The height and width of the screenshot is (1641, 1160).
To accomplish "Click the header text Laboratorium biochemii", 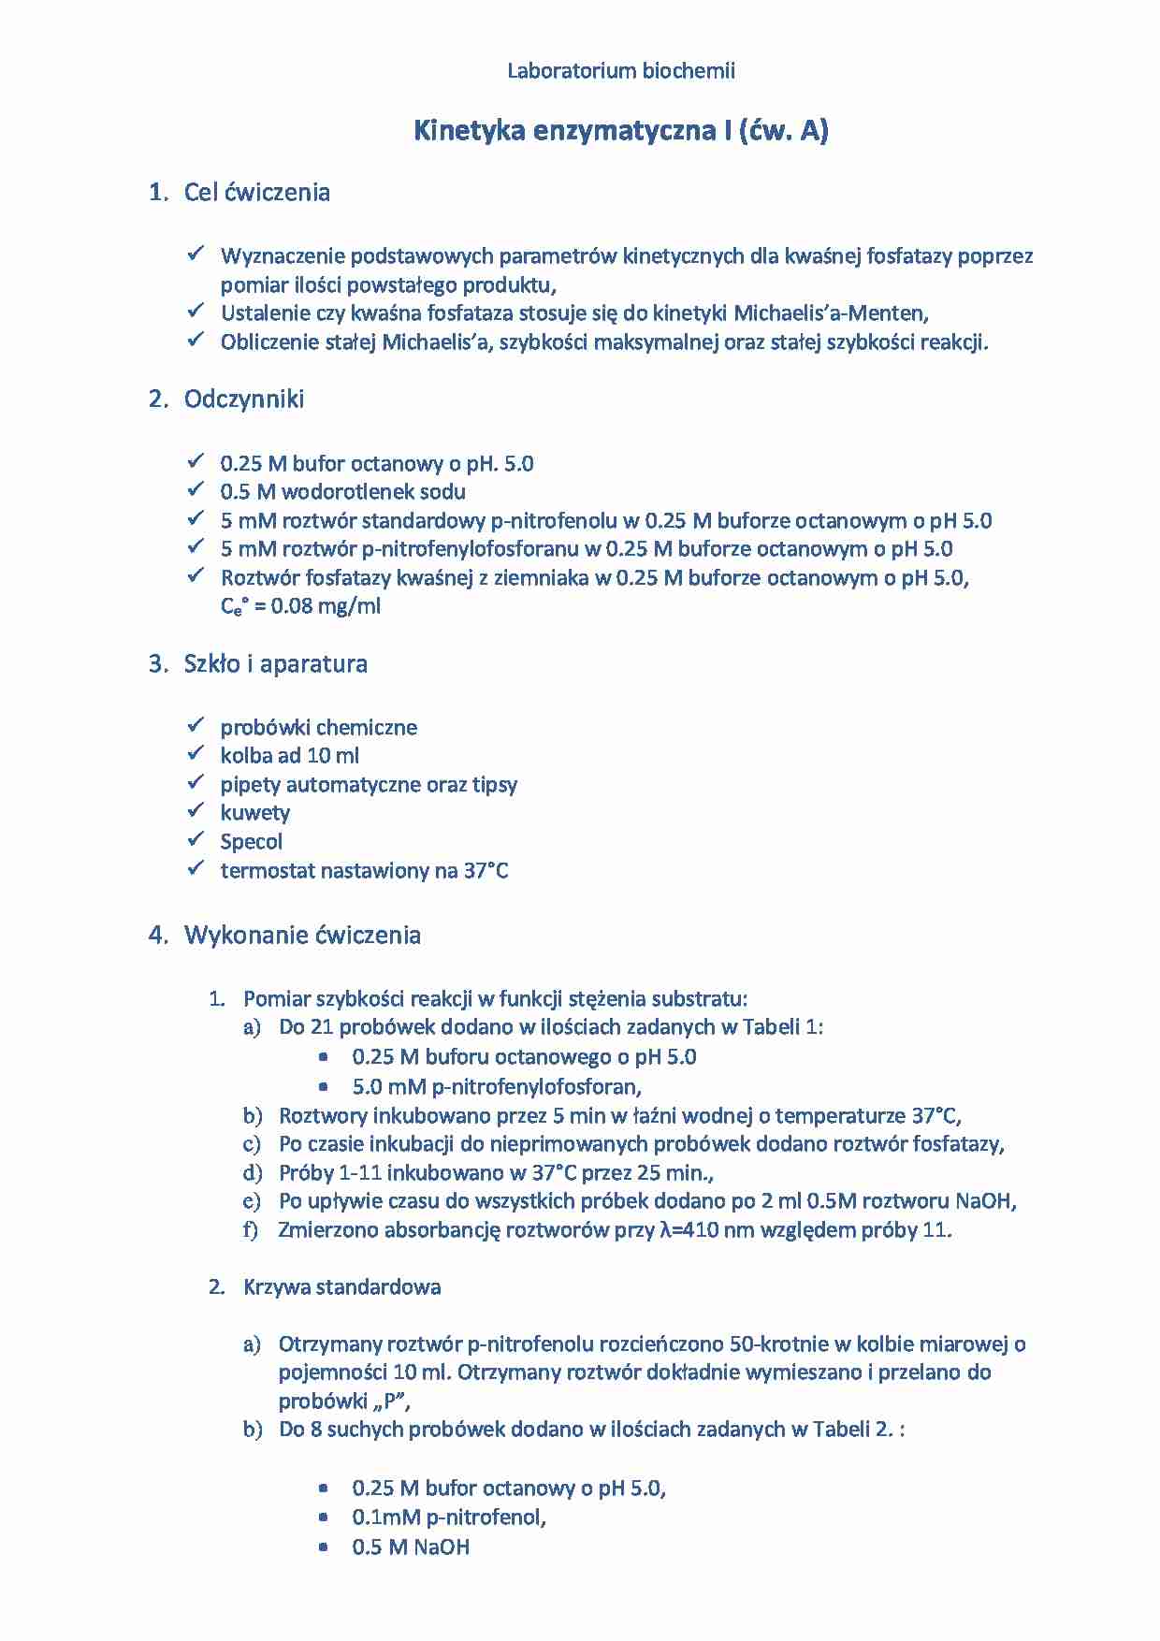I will pos(620,71).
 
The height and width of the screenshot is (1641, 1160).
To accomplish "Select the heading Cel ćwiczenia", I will pos(256,193).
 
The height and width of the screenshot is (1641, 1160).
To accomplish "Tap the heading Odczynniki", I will pos(243,399).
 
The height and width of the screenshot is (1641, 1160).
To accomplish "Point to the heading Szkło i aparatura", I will pos(275,664).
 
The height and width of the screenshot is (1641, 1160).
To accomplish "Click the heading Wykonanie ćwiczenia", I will pos(302,936).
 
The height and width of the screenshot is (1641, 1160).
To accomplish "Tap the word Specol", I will pos(251,842).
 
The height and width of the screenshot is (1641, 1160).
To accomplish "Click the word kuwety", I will pos(254,813).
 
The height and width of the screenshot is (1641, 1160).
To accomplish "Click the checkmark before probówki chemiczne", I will pos(196,725).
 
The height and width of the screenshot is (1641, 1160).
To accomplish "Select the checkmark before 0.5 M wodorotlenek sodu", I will pos(196,489).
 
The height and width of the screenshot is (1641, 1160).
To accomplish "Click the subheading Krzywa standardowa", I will pos(341,1287).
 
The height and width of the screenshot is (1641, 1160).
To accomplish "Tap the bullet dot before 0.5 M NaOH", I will pos(324,1547).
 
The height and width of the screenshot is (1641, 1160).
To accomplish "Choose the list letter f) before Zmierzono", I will pos(250,1230).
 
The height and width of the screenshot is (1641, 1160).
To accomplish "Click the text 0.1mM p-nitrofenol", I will pos(448,1518).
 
